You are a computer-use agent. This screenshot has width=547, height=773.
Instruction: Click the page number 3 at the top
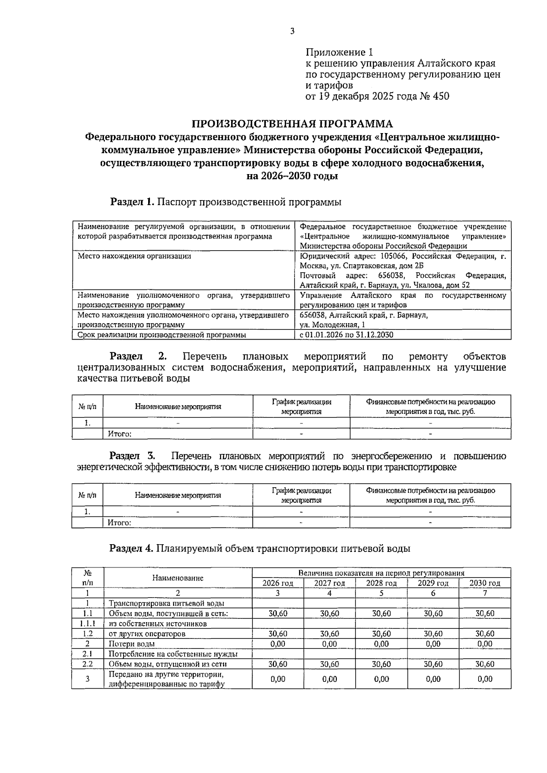(292, 31)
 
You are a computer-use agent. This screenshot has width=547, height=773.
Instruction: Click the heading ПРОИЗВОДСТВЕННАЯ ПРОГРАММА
(292, 124)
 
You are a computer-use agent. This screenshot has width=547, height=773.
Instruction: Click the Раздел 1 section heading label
(133, 202)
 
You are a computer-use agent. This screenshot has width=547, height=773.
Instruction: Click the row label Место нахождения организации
(134, 256)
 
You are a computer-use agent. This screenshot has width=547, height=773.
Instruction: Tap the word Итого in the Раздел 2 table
(119, 434)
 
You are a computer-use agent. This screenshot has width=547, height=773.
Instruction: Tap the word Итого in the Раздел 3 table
(119, 523)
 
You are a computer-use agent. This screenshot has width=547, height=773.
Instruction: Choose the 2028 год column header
(381, 583)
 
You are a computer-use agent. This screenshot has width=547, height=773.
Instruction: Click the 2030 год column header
(485, 583)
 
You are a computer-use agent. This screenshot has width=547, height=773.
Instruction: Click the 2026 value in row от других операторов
(278, 634)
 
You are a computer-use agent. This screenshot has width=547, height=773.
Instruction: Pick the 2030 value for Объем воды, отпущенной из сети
(485, 664)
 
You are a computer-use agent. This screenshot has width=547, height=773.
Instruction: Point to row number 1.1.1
(87, 624)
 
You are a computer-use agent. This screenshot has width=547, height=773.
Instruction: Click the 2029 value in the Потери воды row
(433, 644)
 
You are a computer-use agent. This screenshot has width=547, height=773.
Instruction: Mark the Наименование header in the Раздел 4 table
(178, 578)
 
